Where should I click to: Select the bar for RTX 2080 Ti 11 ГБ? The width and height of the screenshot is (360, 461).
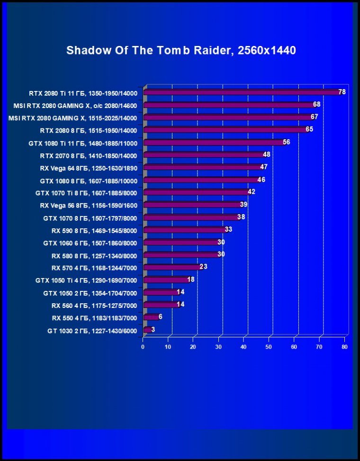coord(242,92)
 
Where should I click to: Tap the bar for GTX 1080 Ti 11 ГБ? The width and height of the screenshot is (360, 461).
coord(213,142)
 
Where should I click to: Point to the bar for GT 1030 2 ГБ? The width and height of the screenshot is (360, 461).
coord(147,329)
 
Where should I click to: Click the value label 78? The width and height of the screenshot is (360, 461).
coord(342,92)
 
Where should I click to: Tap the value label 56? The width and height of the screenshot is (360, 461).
coord(286,142)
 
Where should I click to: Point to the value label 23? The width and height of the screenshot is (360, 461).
coord(203,267)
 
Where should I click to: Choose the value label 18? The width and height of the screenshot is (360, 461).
coord(190,280)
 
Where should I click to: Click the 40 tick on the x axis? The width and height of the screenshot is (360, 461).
coord(244,347)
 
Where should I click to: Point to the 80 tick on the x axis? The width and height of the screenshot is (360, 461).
coord(344,347)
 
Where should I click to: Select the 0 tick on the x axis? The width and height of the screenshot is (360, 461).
coord(143,347)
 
